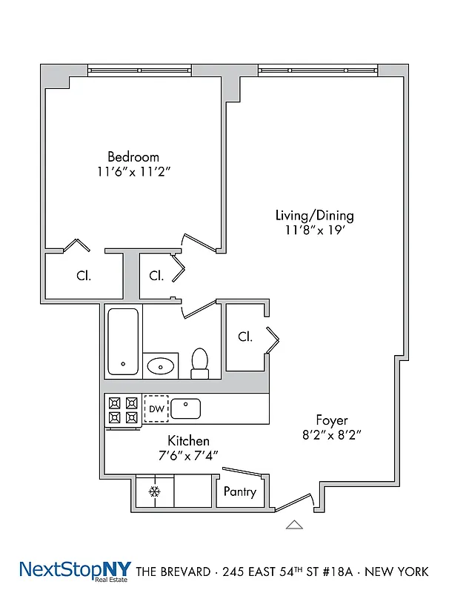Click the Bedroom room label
[133, 156]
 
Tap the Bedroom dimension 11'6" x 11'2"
[133, 171]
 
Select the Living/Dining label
[314, 216]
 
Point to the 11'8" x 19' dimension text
[314, 231]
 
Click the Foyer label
[331, 420]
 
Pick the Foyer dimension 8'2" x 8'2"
[331, 435]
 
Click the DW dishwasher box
[156, 409]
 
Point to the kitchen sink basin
[186, 408]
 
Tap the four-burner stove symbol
[123, 410]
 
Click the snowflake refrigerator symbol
[155, 491]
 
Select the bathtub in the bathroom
[123, 342]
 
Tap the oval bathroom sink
[161, 365]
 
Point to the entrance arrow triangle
[295, 525]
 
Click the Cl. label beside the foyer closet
[245, 337]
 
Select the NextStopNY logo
[74, 571]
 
